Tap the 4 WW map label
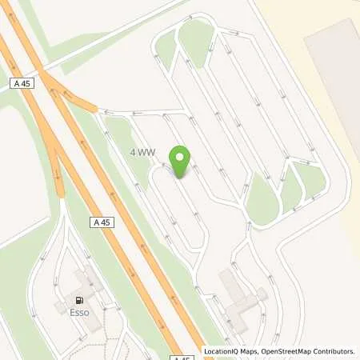pyautogui.click(x=143, y=151)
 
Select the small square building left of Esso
pyautogui.click(x=60, y=307)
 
